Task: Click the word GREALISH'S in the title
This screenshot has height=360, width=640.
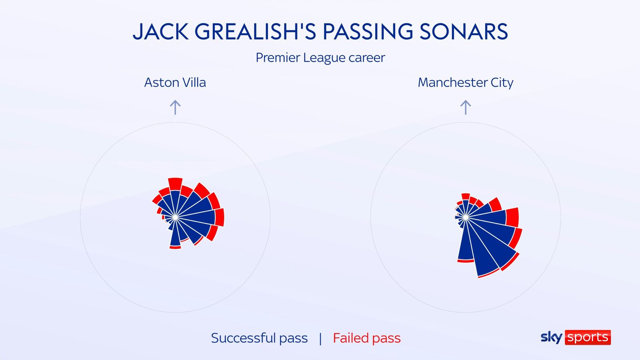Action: tap(256, 32)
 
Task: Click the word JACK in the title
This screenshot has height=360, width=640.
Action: tap(160, 32)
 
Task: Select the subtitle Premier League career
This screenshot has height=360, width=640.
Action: tap(320, 58)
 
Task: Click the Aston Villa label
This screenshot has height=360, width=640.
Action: tap(175, 82)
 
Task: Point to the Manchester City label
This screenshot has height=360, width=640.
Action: tap(465, 82)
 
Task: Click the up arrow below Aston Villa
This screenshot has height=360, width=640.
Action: tap(175, 107)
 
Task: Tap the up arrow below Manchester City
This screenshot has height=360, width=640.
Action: tap(465, 107)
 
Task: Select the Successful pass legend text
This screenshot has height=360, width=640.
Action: tap(259, 338)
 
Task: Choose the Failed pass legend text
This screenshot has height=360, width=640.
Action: tap(366, 338)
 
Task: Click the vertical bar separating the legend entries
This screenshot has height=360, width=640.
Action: tap(320, 338)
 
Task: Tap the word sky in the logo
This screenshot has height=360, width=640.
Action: tap(551, 337)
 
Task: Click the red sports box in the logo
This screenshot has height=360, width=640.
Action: tap(588, 337)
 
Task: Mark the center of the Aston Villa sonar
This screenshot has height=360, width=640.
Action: tap(175, 217)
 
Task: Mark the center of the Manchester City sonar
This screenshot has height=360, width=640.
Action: tap(466, 217)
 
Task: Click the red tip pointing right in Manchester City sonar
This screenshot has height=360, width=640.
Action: tap(512, 217)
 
